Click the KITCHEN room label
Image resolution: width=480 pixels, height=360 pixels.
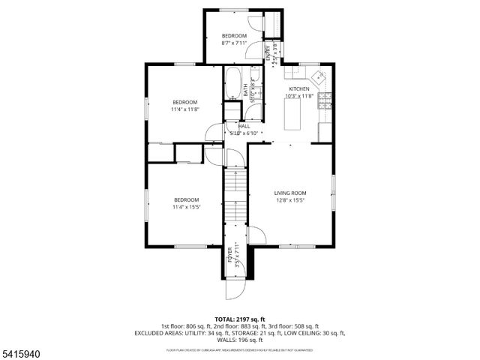(x=299, y=88)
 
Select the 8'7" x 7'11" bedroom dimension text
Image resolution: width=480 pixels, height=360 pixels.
(x=234, y=43)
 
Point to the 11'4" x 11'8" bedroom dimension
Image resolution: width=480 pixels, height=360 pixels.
(x=185, y=109)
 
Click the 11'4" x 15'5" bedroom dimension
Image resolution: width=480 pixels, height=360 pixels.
(x=186, y=207)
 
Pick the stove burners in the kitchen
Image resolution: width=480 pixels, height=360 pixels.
(x=325, y=97)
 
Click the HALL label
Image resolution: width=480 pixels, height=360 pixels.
(x=244, y=126)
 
